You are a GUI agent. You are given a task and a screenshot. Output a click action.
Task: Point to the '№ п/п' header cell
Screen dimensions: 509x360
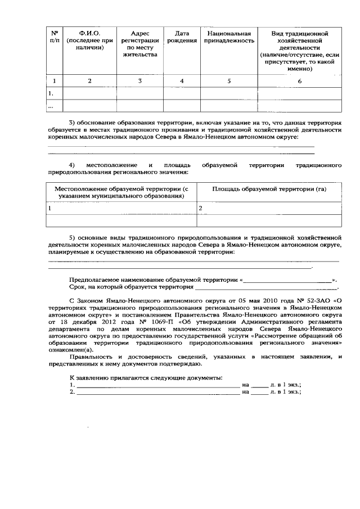point(55,37)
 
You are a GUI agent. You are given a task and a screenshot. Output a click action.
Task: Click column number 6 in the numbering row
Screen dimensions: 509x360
point(299,81)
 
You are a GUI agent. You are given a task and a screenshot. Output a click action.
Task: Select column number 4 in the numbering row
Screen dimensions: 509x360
point(182,81)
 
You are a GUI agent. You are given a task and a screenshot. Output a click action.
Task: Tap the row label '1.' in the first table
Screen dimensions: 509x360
point(51,93)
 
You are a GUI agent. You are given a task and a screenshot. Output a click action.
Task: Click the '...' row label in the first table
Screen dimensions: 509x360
point(51,106)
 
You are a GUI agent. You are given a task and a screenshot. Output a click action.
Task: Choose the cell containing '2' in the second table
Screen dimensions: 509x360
point(200,208)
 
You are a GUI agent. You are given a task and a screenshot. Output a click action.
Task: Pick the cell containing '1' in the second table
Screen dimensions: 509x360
point(49,208)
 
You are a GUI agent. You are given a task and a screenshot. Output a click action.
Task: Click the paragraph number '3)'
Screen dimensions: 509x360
point(73,122)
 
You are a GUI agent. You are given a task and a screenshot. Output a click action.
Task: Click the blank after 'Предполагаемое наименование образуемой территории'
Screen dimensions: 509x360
point(287,279)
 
